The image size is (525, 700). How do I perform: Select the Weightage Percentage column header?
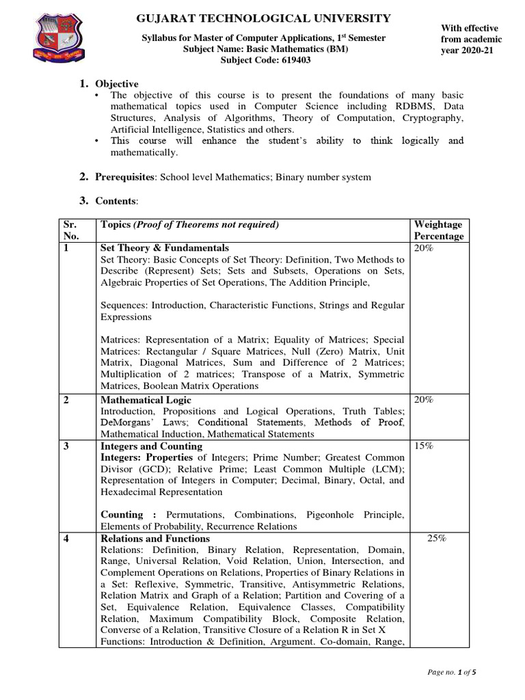439,230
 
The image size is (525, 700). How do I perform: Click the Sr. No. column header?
71,230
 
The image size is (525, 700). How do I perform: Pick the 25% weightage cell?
437,538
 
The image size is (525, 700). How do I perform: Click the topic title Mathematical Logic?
146,399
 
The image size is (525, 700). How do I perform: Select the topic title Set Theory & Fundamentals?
164,247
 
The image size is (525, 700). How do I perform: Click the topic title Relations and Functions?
154,538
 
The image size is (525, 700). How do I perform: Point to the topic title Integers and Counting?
149,446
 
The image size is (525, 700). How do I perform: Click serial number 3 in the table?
66,446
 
